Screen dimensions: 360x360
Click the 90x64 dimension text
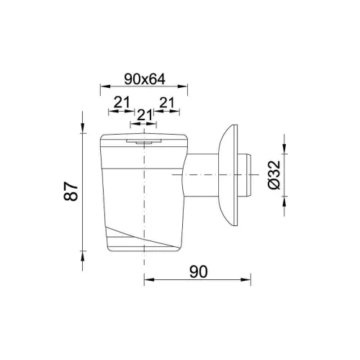point(145,79)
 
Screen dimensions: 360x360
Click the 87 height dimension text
point(71,191)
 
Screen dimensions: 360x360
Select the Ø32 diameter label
point(274,175)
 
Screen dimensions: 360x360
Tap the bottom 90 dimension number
point(198,272)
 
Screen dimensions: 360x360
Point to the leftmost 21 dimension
point(122,102)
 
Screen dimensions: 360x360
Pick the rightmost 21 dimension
point(166,102)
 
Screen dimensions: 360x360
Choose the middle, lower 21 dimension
point(145,115)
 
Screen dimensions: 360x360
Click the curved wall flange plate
point(228,175)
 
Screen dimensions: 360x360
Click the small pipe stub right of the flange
point(244,175)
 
